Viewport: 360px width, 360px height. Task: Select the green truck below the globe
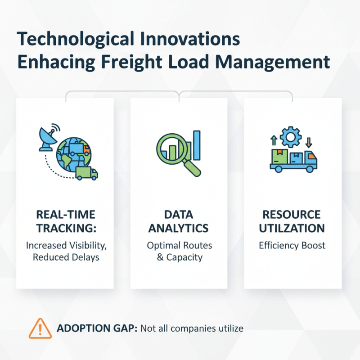coord(86,173)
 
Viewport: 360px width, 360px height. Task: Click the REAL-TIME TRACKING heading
coord(66,221)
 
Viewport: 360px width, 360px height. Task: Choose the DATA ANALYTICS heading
coord(179,221)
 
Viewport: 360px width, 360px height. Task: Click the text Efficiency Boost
coord(292,246)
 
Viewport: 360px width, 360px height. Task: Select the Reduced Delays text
coord(66,257)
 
